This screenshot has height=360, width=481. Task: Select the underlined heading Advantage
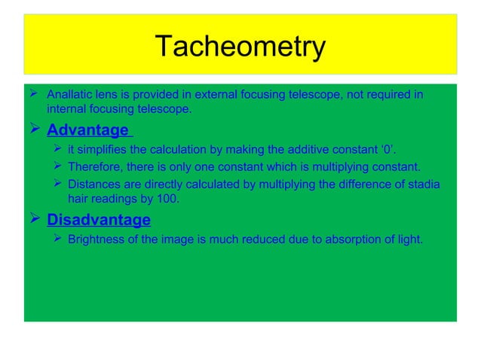(87, 130)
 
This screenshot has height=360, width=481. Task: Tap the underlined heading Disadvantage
(99, 220)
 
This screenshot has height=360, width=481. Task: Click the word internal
(66, 109)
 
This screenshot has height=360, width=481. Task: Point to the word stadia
(421, 184)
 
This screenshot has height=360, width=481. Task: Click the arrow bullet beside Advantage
(35, 130)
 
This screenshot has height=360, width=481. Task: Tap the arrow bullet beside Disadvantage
(35, 219)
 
